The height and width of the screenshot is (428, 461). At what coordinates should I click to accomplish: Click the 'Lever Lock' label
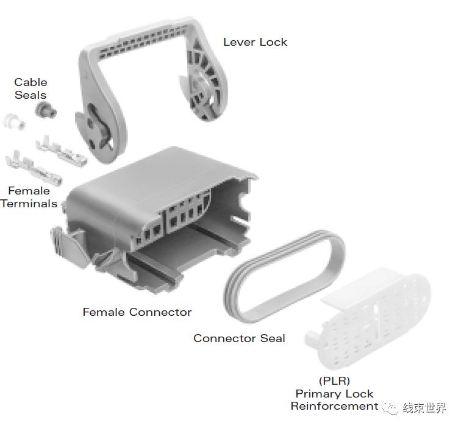[255, 42]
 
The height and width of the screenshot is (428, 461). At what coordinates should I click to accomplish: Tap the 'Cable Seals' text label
[30, 88]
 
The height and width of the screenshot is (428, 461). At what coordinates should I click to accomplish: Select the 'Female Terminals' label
[29, 197]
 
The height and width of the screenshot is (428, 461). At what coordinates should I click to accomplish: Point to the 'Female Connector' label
[137, 312]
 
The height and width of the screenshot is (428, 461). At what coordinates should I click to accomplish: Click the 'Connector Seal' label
[239, 338]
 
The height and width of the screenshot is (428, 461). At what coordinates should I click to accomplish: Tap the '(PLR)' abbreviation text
[334, 380]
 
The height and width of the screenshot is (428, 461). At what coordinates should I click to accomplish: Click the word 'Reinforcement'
[334, 406]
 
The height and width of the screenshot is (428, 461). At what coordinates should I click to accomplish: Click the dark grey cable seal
[45, 110]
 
